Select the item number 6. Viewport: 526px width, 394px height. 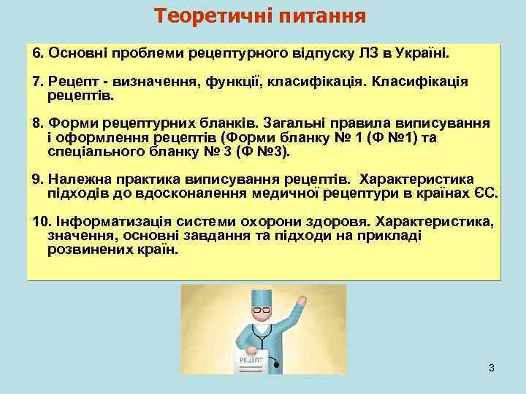38,54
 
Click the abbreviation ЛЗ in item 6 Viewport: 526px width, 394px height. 367,54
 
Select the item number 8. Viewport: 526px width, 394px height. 38,124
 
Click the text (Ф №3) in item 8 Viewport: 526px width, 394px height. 265,152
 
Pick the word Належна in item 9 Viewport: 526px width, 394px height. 75,179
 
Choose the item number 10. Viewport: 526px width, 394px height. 41,221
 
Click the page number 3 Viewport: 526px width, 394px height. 492,368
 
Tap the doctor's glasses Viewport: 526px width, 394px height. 262,312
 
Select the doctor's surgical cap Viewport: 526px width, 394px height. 261,295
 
